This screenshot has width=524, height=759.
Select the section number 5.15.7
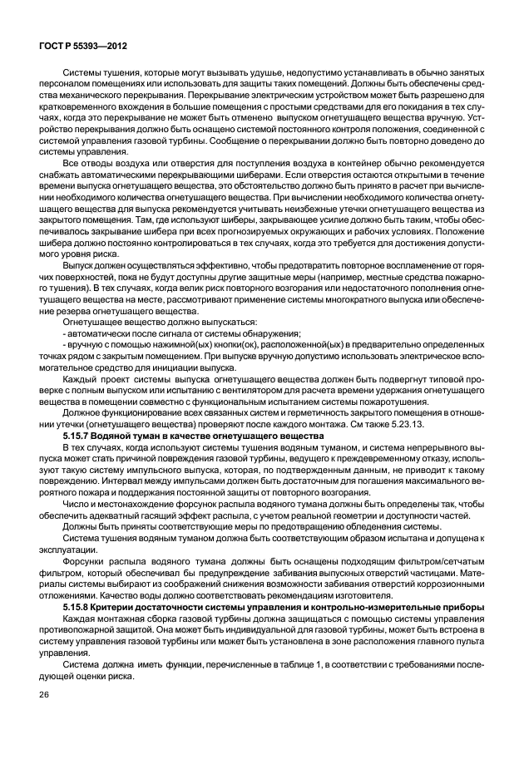coord(80,436)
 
